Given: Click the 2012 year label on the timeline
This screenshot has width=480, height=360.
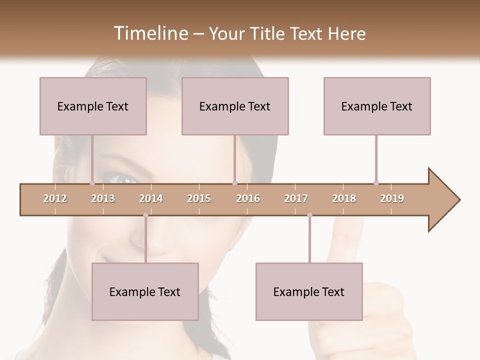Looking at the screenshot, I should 55,198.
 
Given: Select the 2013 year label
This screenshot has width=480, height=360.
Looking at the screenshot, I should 103,198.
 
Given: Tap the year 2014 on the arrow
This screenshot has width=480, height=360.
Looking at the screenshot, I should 151,198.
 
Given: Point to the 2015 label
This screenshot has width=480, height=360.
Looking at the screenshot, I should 199,198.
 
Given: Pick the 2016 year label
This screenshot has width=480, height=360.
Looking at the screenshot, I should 248,198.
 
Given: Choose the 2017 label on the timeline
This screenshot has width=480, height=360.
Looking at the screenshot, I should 296,198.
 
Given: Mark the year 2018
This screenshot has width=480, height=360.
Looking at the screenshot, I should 344,198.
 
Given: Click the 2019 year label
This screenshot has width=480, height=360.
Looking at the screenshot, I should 392,198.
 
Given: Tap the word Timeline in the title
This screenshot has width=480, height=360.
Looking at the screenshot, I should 149,33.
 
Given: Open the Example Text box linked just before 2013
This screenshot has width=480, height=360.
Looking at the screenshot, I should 93,106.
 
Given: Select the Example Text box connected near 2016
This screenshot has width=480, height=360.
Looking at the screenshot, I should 235,106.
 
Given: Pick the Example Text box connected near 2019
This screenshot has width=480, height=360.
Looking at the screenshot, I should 377,106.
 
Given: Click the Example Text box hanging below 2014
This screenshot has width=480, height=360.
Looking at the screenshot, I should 145,291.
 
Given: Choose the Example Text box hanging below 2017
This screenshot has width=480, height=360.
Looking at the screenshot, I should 309,291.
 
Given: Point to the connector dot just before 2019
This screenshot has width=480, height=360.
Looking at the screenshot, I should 376,183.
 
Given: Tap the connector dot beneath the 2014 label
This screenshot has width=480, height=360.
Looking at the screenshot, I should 145,215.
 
